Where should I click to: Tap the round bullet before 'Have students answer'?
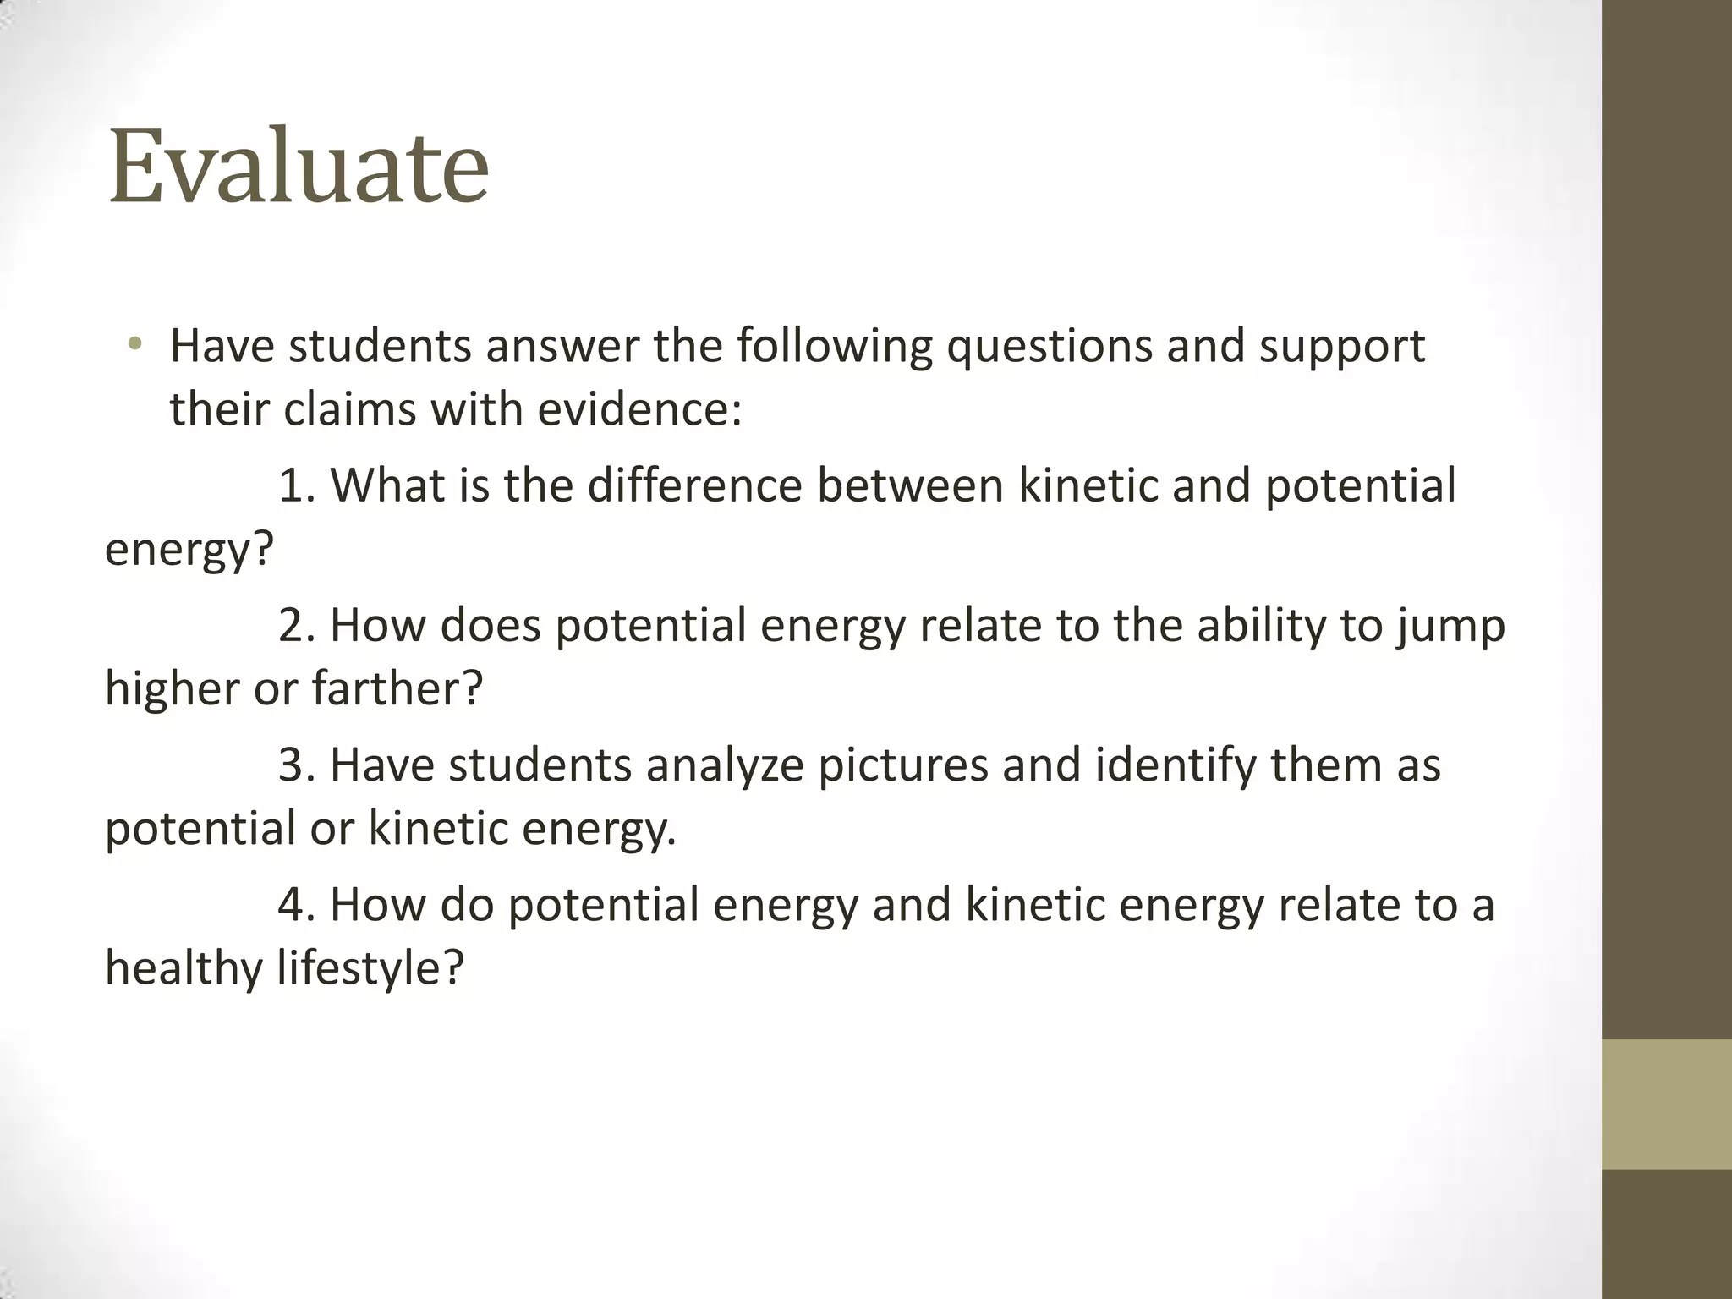[x=134, y=344]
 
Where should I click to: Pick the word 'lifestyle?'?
[x=370, y=967]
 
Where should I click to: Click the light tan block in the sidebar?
[x=1666, y=1104]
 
